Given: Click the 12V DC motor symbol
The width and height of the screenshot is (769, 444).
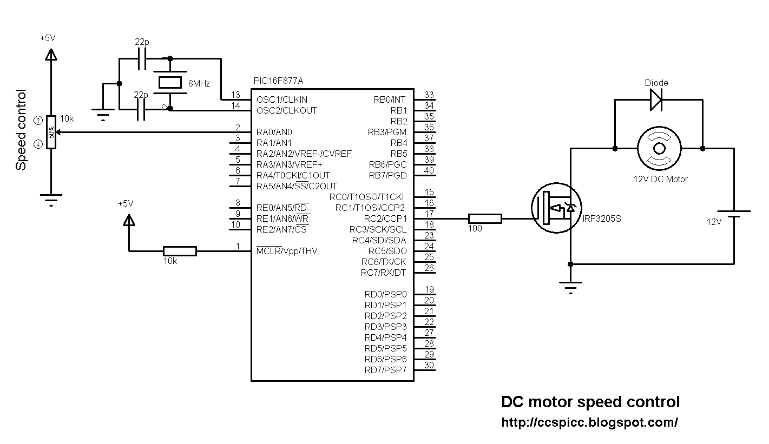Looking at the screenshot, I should (x=659, y=148).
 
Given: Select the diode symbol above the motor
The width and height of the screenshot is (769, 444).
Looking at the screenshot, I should (x=656, y=100).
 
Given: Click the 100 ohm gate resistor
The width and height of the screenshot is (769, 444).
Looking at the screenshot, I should (x=484, y=218).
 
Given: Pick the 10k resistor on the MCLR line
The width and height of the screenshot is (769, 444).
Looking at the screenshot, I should (x=179, y=251).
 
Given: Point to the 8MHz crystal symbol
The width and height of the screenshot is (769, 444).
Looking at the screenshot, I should (x=170, y=83).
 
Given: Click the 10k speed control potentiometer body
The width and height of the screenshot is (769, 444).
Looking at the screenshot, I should (x=51, y=132).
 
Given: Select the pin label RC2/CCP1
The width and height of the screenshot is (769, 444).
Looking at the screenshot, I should (x=385, y=218).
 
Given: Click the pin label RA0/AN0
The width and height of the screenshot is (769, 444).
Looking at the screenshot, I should (x=274, y=132).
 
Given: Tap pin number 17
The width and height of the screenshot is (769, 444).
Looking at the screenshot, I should (x=429, y=214).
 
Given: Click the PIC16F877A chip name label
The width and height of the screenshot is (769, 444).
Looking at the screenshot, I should (x=278, y=81).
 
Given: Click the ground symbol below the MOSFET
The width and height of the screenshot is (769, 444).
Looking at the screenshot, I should (x=570, y=287).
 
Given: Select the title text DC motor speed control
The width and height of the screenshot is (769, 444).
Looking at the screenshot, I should (x=590, y=402).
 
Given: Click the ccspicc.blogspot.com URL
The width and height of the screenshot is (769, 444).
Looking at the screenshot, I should (x=589, y=422).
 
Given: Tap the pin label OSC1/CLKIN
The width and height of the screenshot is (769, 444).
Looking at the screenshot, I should (x=282, y=100).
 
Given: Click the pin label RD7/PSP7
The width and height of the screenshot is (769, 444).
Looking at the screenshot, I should (x=385, y=370).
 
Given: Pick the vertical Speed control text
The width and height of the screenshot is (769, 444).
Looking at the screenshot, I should (x=21, y=130).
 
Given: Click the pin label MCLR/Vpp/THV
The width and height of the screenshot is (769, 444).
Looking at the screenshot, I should (x=287, y=251).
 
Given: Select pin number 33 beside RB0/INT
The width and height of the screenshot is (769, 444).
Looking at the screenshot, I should (x=429, y=95).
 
